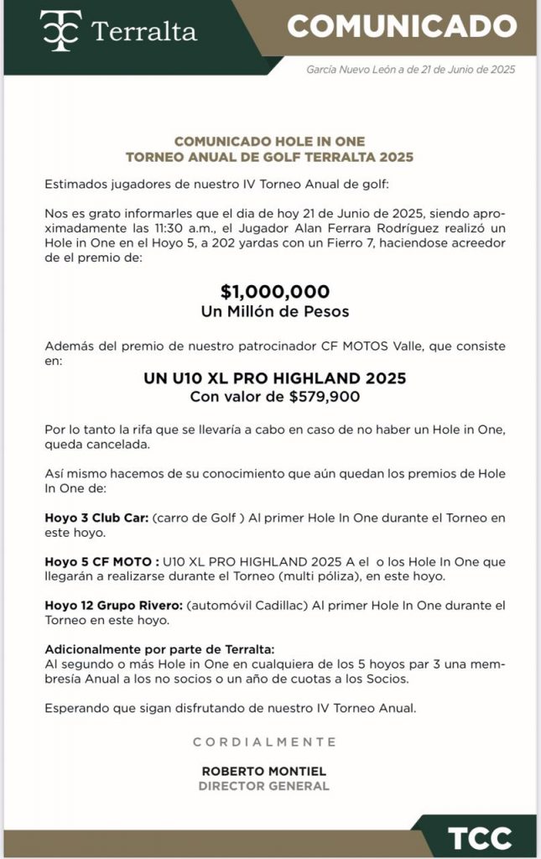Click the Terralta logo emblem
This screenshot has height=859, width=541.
(x=60, y=32)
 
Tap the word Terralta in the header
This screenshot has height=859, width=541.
(x=143, y=33)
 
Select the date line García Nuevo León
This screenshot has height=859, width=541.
(x=410, y=70)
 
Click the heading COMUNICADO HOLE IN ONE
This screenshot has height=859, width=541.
(x=269, y=142)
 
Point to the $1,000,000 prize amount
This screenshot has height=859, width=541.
(x=275, y=292)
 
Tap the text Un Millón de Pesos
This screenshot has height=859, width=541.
(x=275, y=311)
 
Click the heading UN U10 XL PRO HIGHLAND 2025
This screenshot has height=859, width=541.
(x=275, y=378)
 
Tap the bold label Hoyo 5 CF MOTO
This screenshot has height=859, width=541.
(x=101, y=561)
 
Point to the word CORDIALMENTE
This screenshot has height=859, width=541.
(x=264, y=742)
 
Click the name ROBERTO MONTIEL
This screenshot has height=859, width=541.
(x=264, y=771)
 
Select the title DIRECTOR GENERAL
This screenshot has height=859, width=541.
(x=264, y=786)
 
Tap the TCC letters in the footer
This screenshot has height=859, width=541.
(x=480, y=838)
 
